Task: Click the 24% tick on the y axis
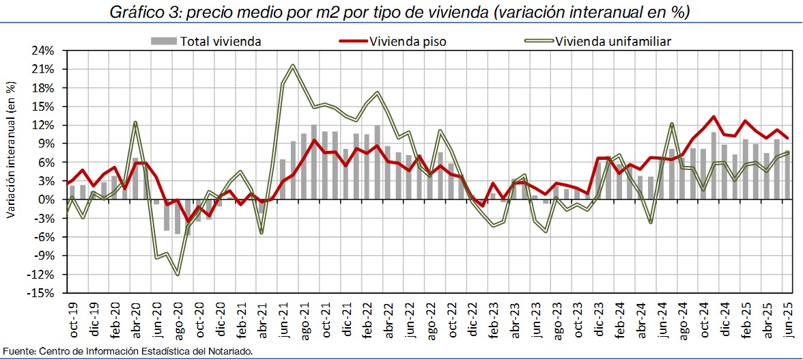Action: pyautogui.click(x=44, y=51)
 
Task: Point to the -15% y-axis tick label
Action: pyautogui.click(x=42, y=293)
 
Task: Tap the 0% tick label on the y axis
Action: pyautogui.click(x=47, y=199)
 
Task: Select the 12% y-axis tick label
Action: pyautogui.click(x=44, y=125)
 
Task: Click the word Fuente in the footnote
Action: pyautogui.click(x=16, y=351)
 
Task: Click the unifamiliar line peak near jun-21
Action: pyautogui.click(x=293, y=66)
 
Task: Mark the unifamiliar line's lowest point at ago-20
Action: pyautogui.click(x=178, y=275)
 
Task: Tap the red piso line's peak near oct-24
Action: pyautogui.click(x=714, y=117)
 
